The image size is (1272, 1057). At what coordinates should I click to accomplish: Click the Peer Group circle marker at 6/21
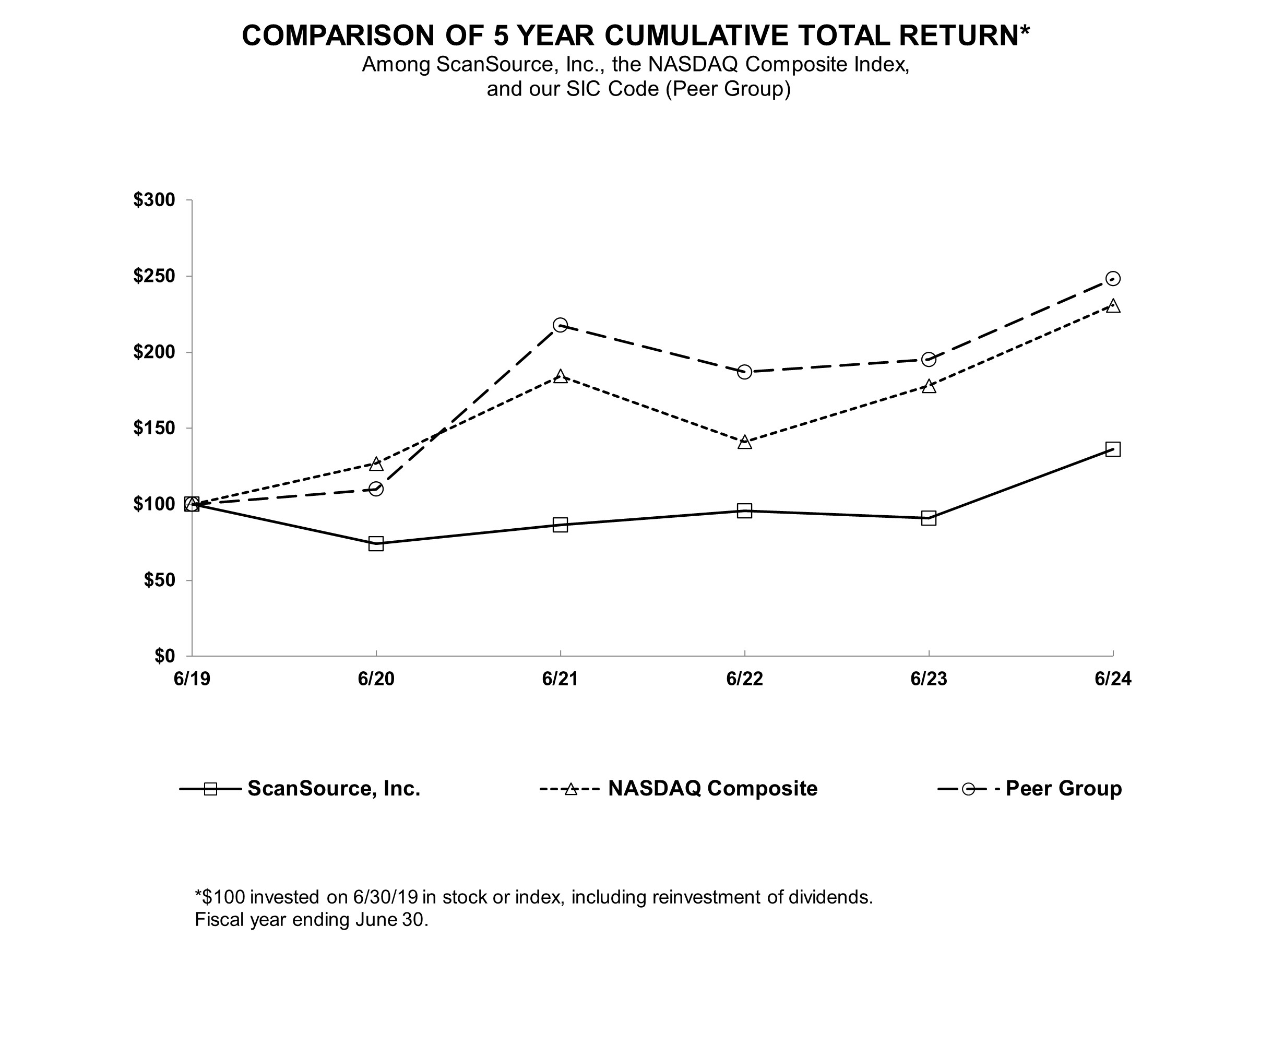[x=560, y=325]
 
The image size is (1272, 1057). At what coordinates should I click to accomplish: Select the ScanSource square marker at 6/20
[x=376, y=543]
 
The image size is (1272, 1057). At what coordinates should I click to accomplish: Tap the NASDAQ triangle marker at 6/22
[x=744, y=442]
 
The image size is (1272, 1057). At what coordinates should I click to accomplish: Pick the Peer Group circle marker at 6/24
[x=1113, y=279]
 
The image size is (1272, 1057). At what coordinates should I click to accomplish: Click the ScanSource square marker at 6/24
[x=1113, y=449]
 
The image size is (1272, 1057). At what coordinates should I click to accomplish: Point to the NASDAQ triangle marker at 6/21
[x=560, y=377]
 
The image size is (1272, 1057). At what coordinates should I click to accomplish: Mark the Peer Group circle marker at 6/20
[x=376, y=489]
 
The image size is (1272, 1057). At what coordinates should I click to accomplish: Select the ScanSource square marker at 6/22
[x=744, y=510]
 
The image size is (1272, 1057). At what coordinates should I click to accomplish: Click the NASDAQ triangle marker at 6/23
[x=929, y=386]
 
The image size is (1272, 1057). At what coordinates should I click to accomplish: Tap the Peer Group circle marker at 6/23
[x=929, y=360]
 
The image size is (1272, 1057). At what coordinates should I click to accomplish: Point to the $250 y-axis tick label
[x=154, y=276]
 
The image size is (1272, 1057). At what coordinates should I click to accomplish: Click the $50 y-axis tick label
[x=159, y=580]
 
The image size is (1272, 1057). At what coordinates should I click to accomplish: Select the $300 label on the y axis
[x=154, y=200]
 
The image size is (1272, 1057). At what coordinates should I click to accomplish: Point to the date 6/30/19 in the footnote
[x=381, y=896]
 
